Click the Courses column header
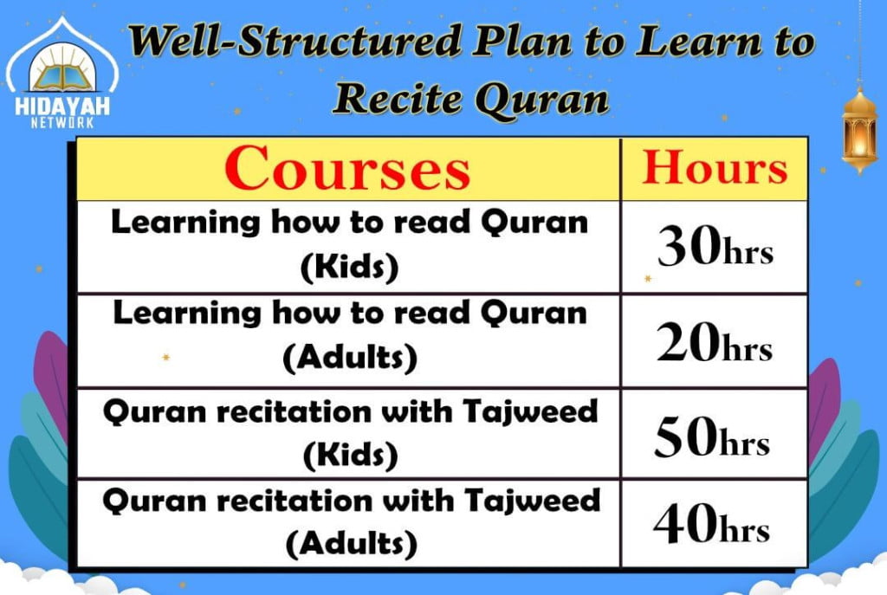coord(347,169)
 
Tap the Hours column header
coord(715,167)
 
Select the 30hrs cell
coord(715,247)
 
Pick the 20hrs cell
coord(714,343)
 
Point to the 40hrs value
coord(711,524)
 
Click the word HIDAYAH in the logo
coord(62,107)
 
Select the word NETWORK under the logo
coord(62,123)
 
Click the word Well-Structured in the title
coord(295,41)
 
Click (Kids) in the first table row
coord(350,267)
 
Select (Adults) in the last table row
coord(352,544)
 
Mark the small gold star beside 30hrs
coord(648,278)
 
